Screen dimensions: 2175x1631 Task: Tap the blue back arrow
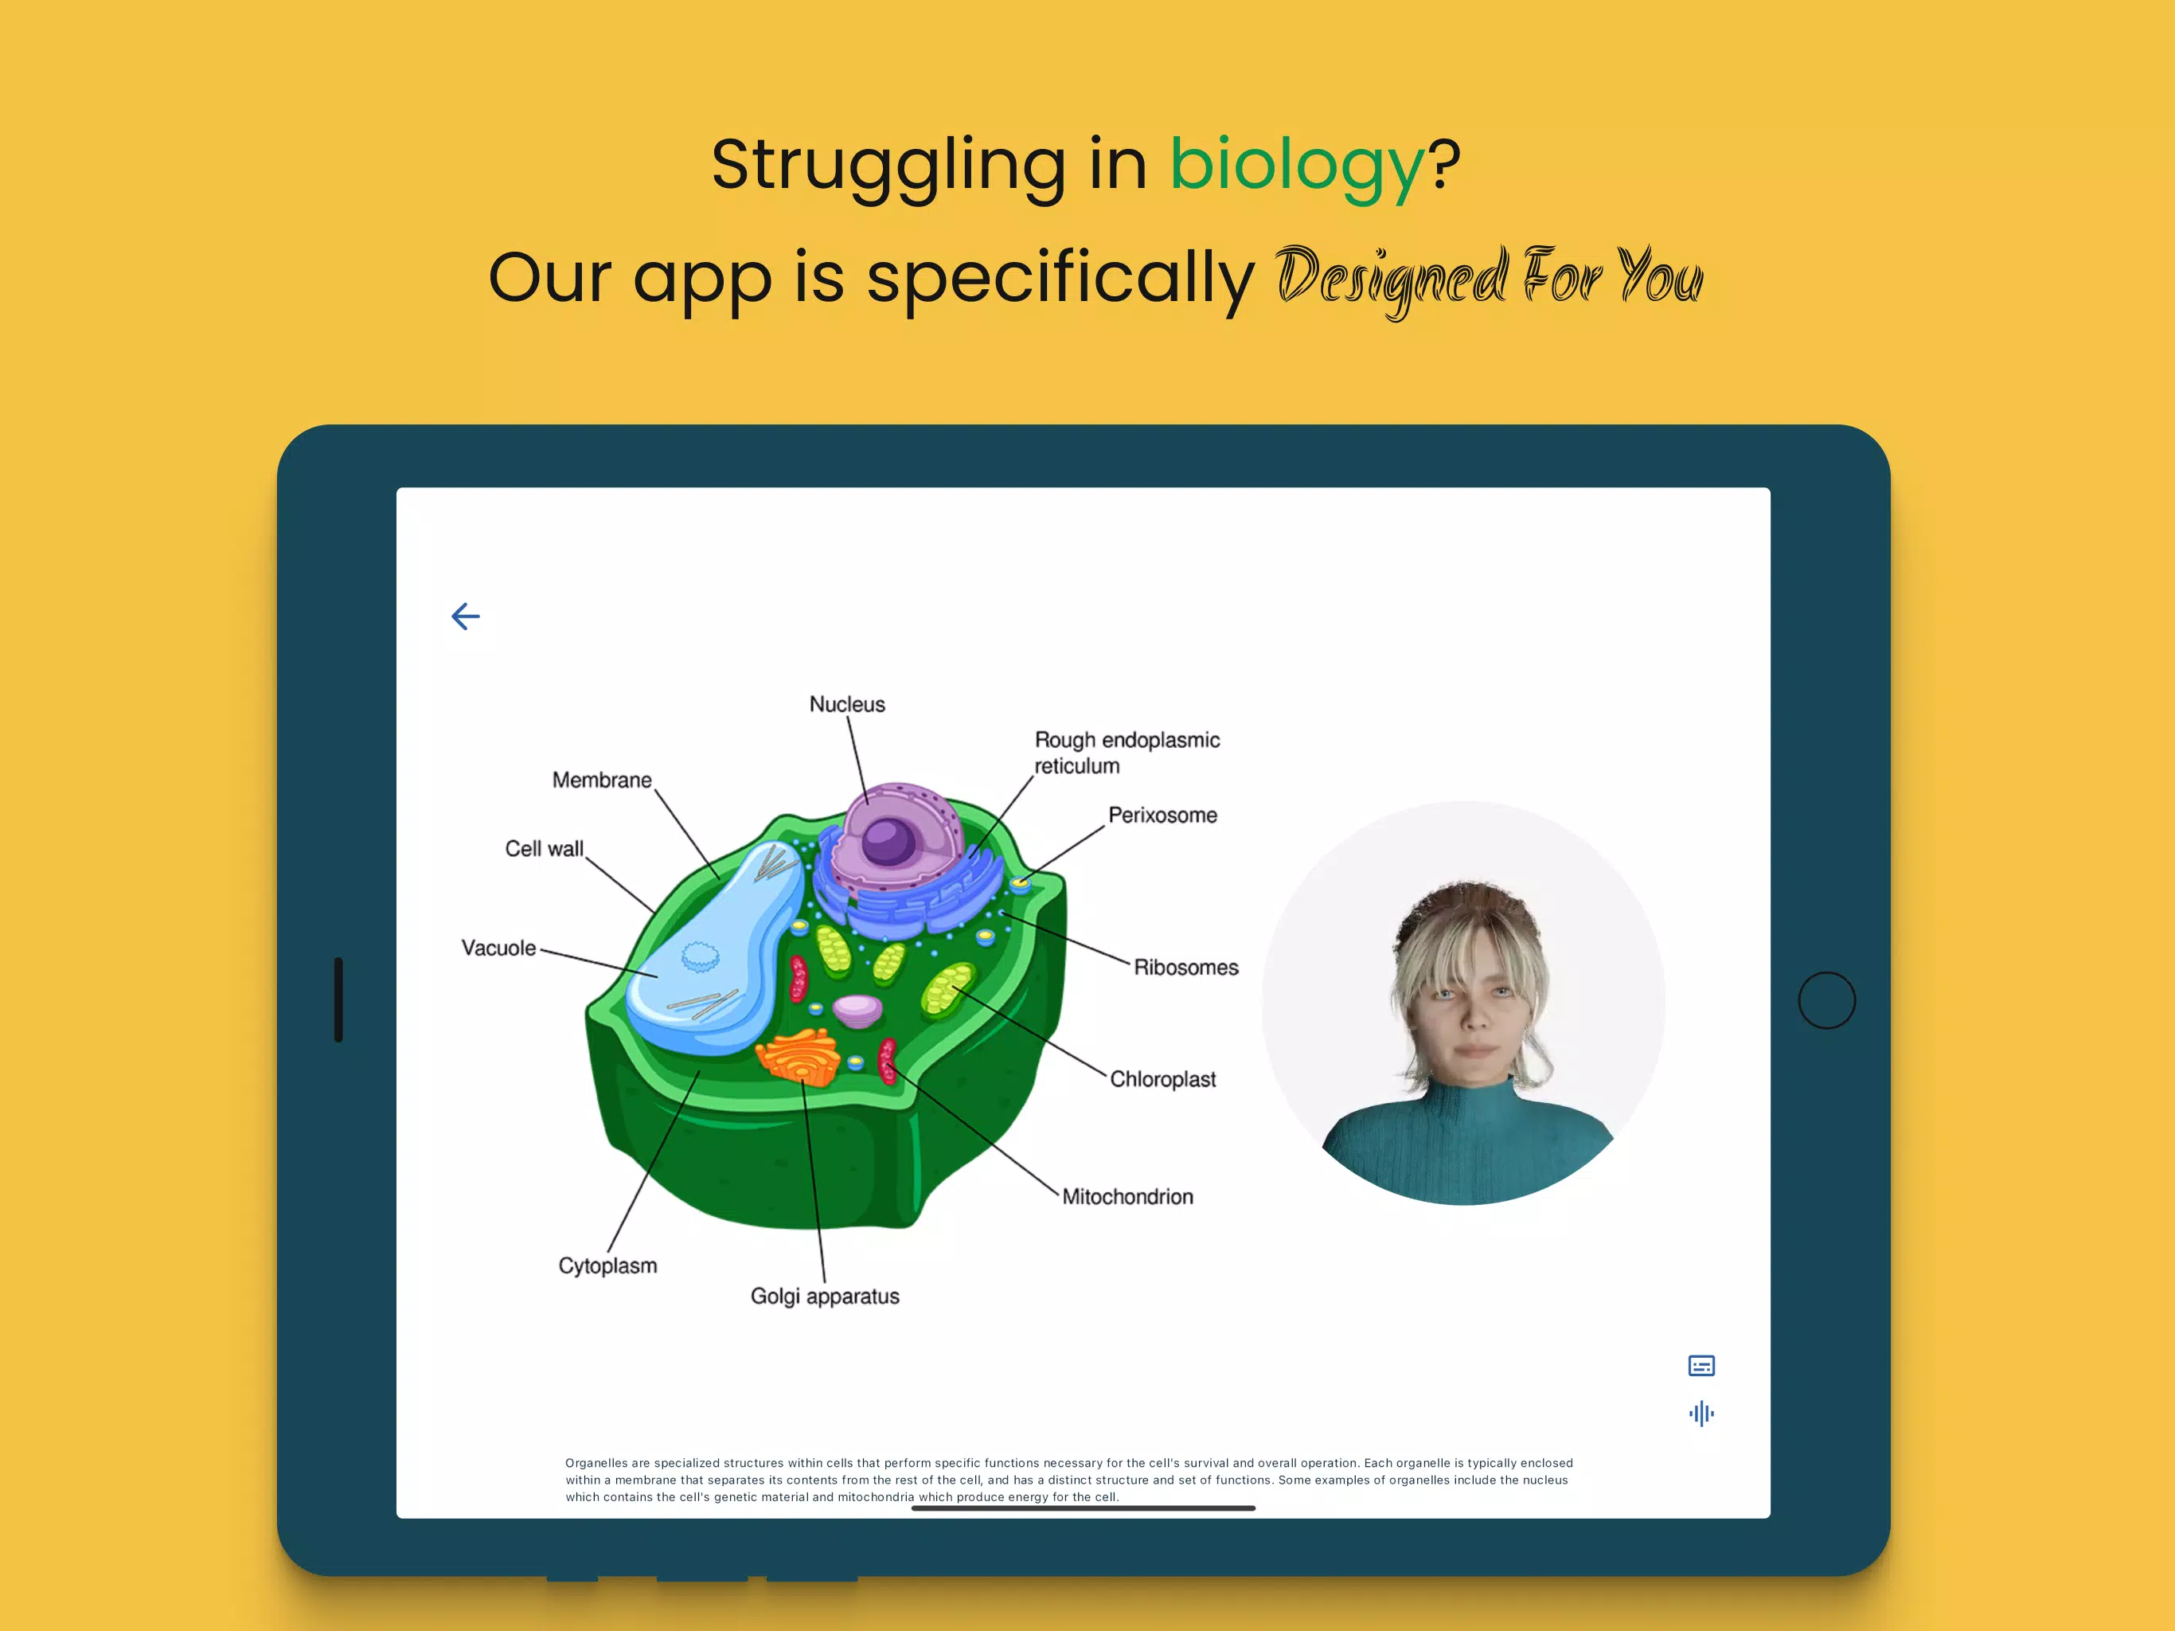tap(466, 616)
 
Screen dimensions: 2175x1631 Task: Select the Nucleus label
tap(846, 704)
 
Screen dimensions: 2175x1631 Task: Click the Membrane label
tap(602, 780)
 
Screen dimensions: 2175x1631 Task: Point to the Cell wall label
tap(544, 849)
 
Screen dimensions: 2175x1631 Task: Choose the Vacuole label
tap(498, 948)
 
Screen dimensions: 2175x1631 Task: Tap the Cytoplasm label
tap(607, 1266)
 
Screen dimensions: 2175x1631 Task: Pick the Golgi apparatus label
tap(825, 1297)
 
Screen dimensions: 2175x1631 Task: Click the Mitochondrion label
tap(1128, 1197)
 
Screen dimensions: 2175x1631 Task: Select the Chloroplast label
tap(1163, 1080)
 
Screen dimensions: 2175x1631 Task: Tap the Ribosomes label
tap(1186, 968)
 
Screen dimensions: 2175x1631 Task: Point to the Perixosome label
tap(1162, 815)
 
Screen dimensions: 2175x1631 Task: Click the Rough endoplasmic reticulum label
tap(1127, 753)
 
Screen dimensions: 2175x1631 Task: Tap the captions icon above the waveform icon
tap(1701, 1365)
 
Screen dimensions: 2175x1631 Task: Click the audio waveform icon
tap(1701, 1414)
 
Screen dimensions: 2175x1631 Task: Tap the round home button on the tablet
tap(1827, 1000)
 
